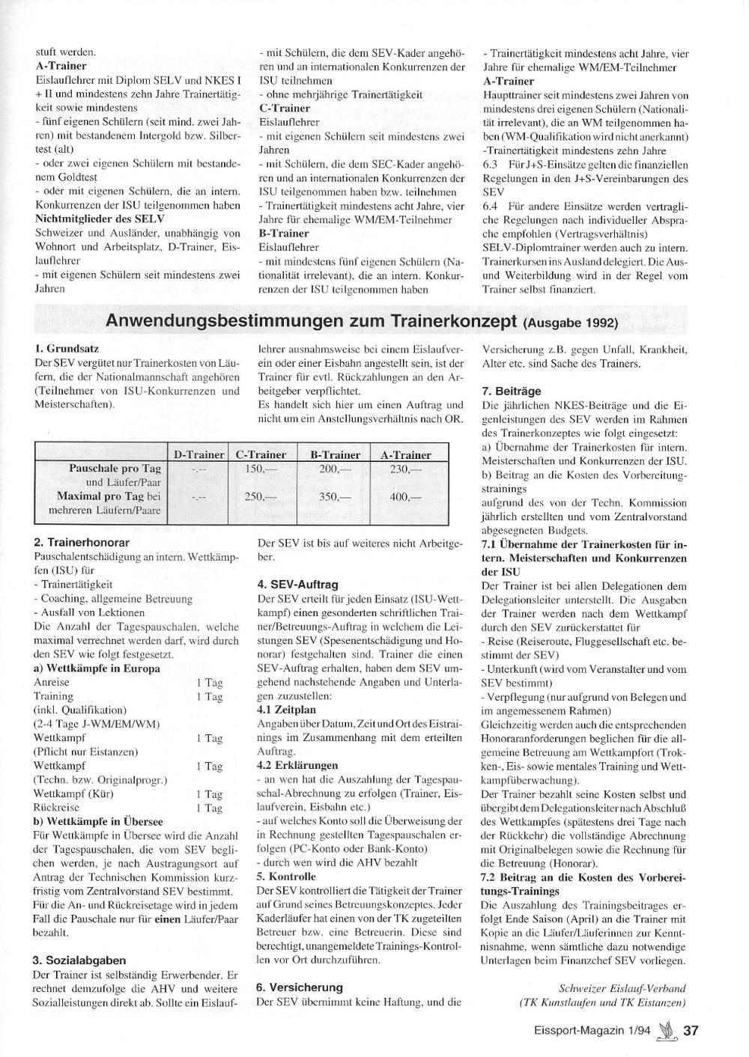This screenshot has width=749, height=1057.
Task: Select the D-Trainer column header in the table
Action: pyautogui.click(x=199, y=454)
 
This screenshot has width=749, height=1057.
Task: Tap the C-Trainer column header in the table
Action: pyautogui.click(x=261, y=454)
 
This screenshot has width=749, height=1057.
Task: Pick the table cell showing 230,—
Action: pyautogui.click(x=406, y=469)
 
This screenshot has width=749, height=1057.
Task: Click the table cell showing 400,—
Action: pyautogui.click(x=406, y=496)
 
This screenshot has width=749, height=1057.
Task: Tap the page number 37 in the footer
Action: pyautogui.click(x=691, y=1031)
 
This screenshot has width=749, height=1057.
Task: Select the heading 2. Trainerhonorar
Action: pyautogui.click(x=82, y=542)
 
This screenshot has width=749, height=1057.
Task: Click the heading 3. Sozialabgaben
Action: pyautogui.click(x=79, y=960)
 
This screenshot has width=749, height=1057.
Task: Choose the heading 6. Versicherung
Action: pyautogui.click(x=299, y=987)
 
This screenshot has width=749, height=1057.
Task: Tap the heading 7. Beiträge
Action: pyautogui.click(x=511, y=391)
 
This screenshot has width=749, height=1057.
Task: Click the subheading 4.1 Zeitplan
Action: pyautogui.click(x=286, y=710)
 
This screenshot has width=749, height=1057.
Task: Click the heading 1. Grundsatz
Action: pyautogui.click(x=67, y=348)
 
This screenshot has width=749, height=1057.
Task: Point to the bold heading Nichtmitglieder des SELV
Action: pyautogui.click(x=94, y=219)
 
